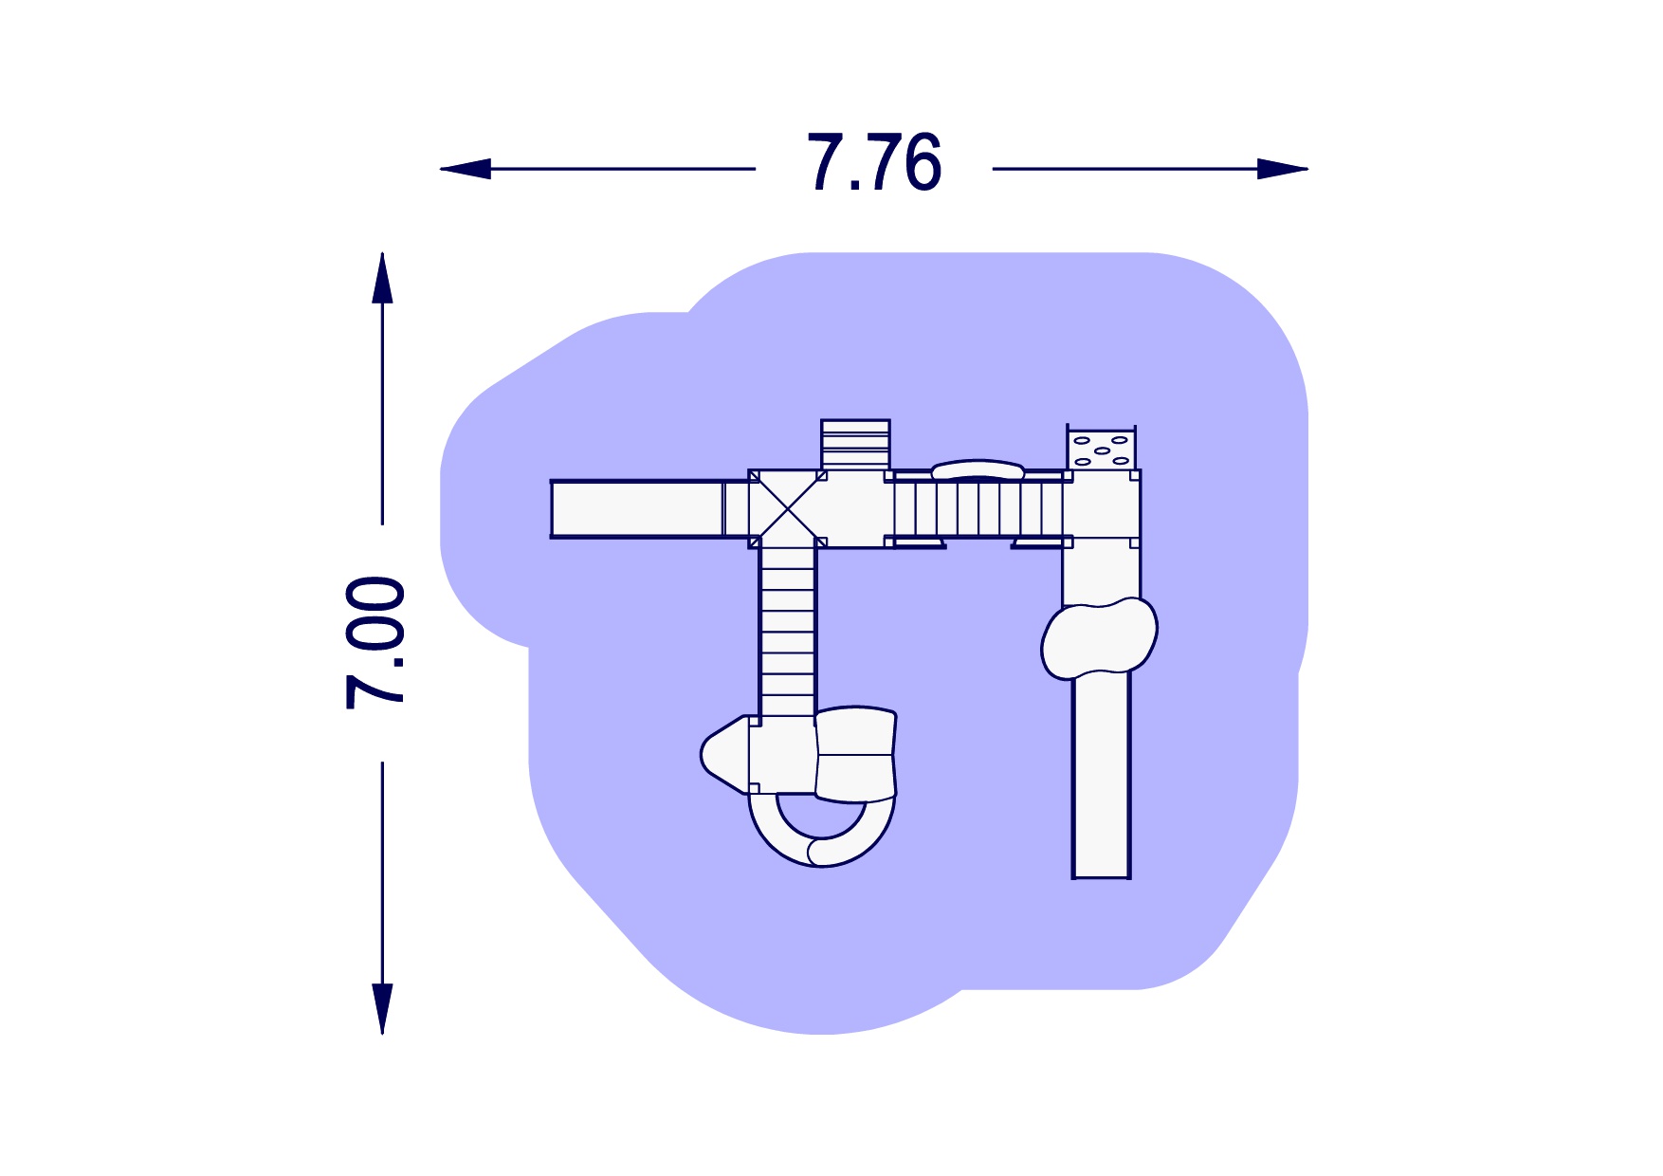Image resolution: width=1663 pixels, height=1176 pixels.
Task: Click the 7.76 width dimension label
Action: coord(874,163)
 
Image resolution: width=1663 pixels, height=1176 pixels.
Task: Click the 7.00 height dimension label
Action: coord(375,643)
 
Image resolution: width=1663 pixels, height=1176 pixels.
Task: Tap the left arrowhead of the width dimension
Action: coord(466,169)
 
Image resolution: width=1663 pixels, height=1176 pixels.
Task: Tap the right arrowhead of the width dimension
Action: coord(1283,169)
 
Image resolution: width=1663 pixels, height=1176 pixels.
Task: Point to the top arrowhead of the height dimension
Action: coord(382,278)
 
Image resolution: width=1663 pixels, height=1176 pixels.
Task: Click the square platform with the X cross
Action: coord(786,508)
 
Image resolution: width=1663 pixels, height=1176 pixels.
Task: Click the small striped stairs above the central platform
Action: coord(855,445)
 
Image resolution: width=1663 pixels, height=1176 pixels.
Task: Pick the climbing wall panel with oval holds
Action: coord(1101,449)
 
